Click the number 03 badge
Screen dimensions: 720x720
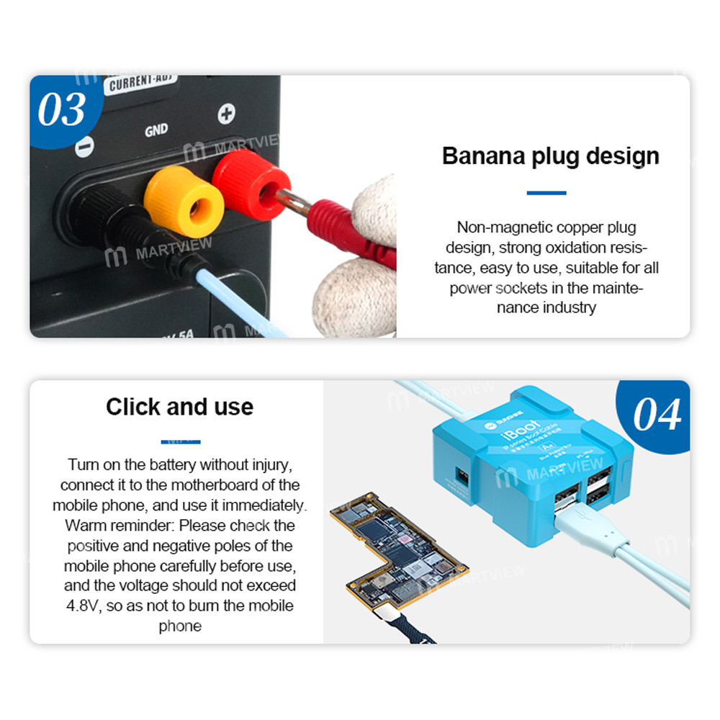[x=61, y=109]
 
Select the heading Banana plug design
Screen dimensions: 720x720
[x=550, y=156]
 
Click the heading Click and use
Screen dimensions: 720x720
[x=179, y=407]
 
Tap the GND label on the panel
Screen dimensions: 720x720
[x=156, y=130]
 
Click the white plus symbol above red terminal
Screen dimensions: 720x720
[x=227, y=113]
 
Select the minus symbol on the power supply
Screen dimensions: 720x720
[x=84, y=148]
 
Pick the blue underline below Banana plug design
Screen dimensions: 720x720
[x=546, y=193]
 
